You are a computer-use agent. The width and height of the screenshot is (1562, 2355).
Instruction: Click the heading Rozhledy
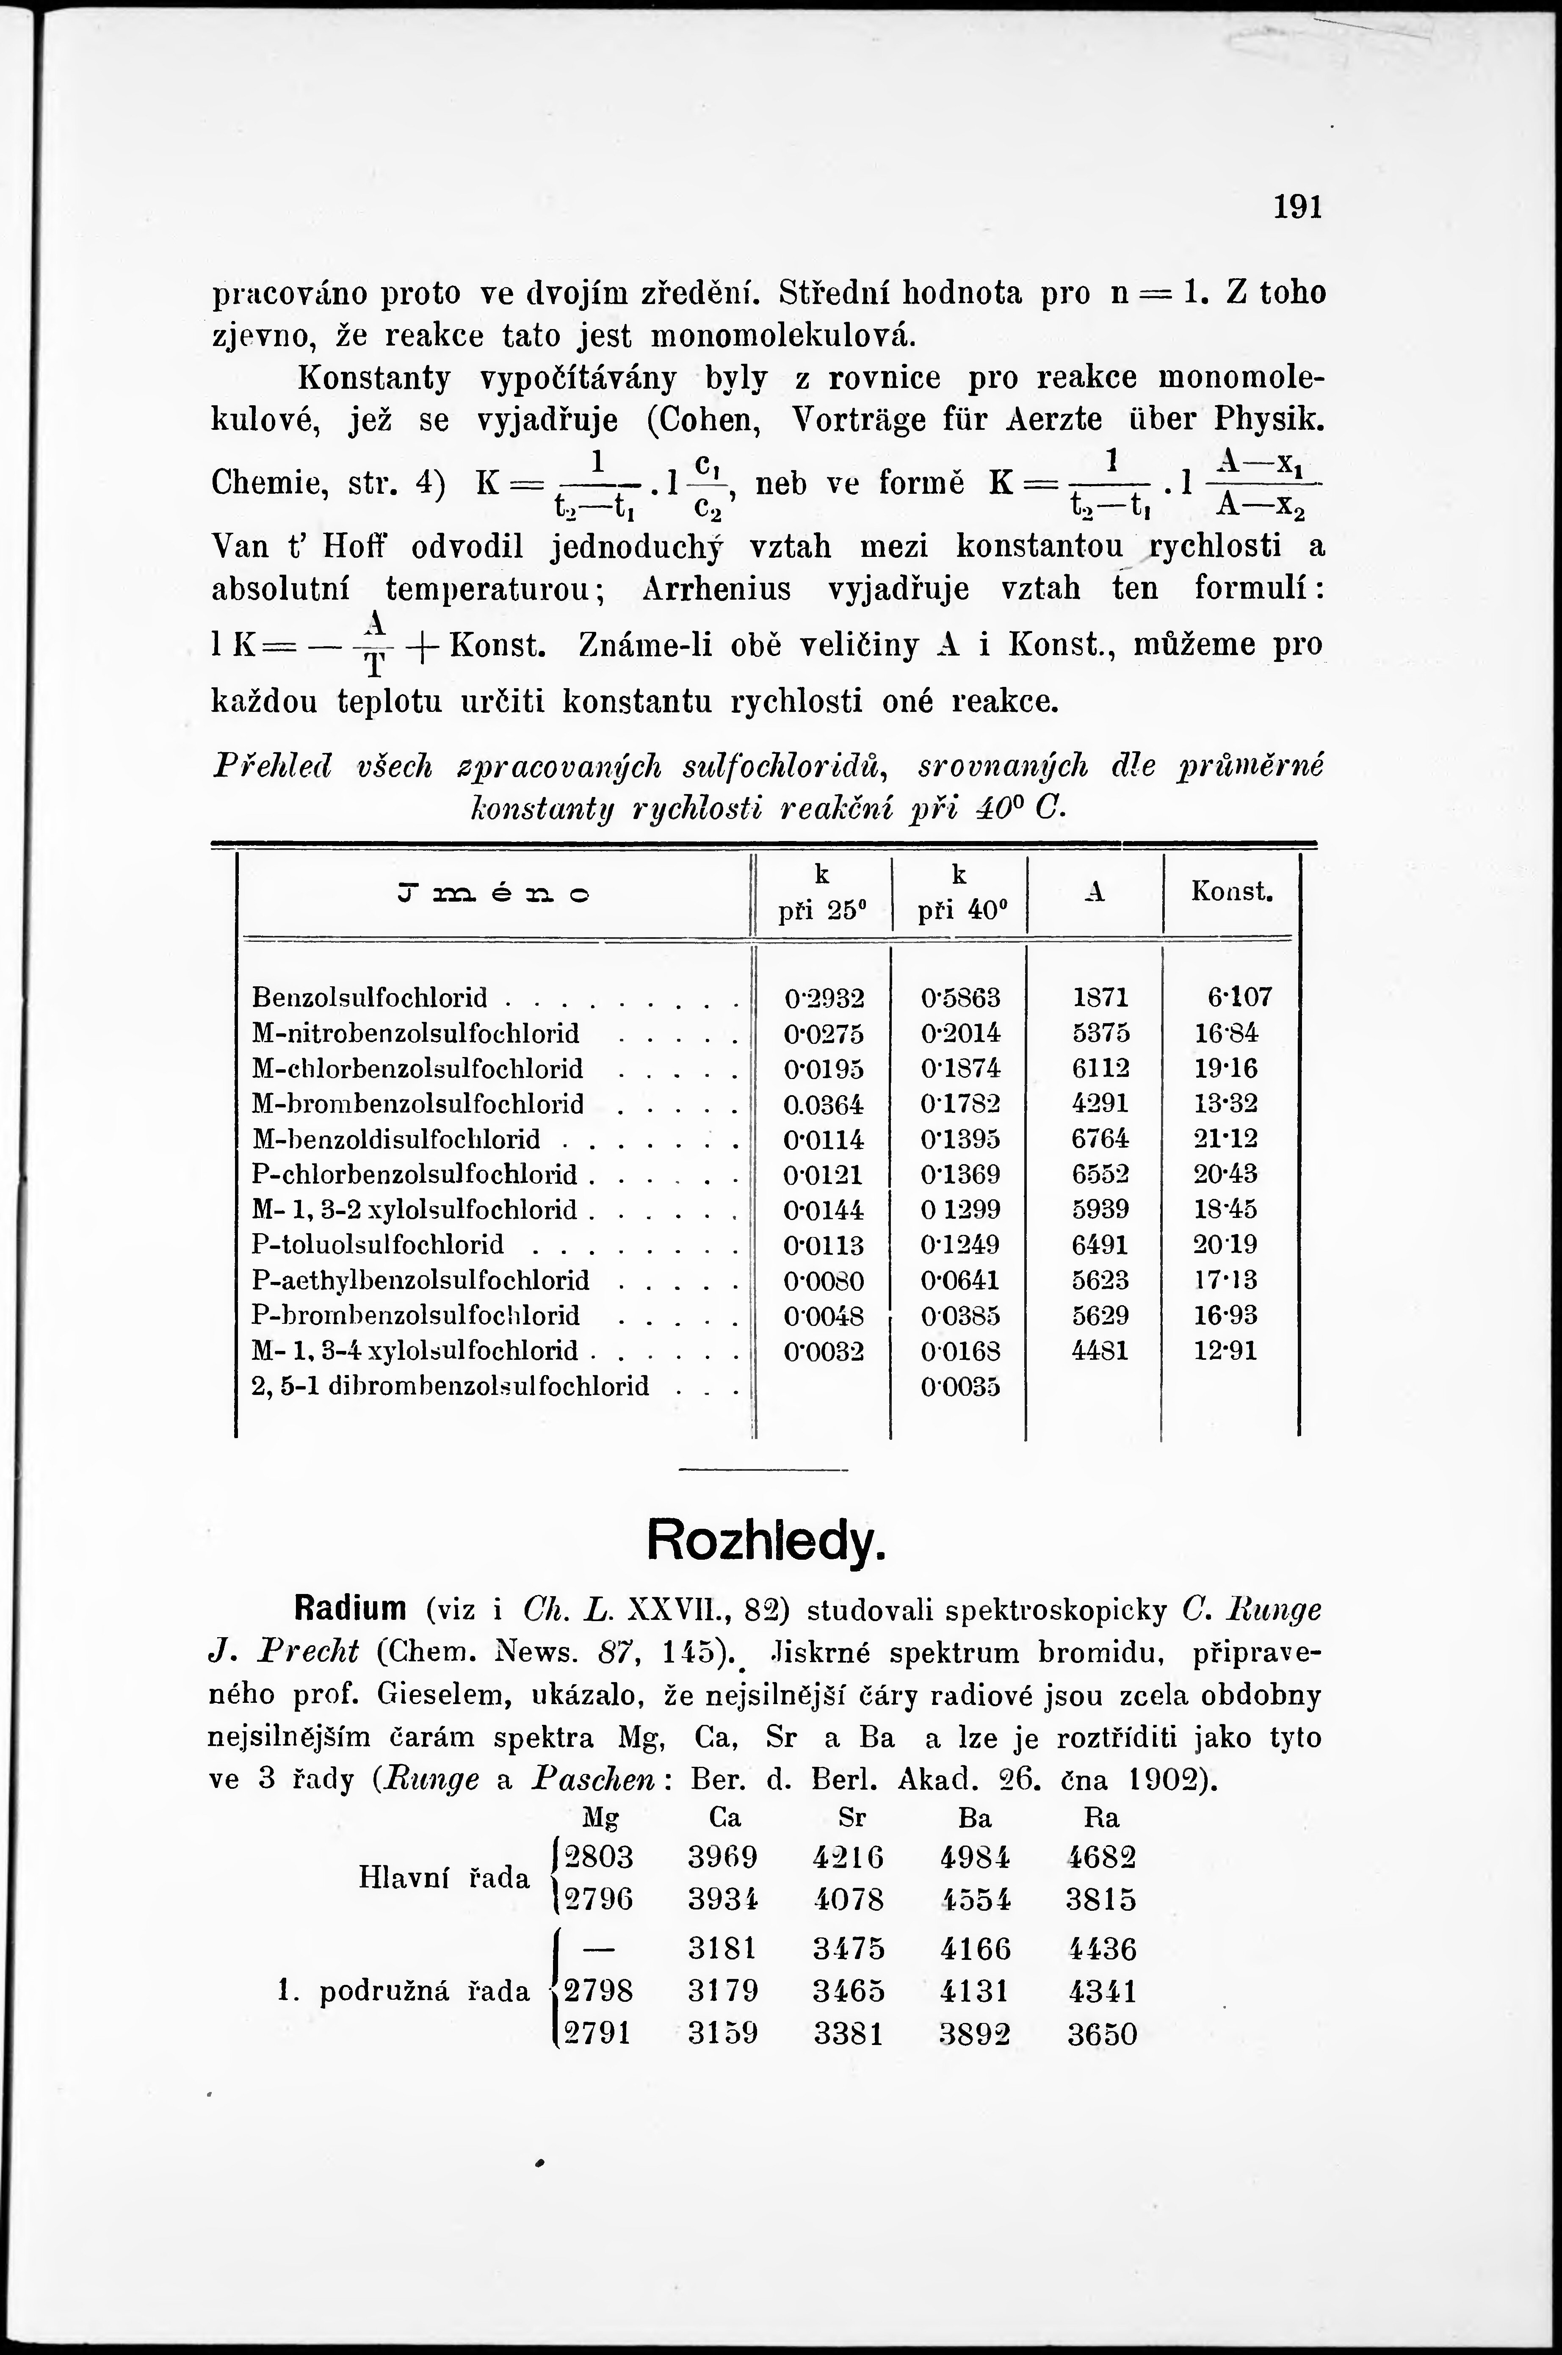(x=765, y=1541)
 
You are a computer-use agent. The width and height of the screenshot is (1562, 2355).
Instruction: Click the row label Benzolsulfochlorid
(x=370, y=997)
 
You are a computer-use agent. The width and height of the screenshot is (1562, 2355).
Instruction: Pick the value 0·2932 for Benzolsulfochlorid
(x=824, y=997)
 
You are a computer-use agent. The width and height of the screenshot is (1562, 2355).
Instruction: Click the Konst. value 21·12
(x=1225, y=1139)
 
